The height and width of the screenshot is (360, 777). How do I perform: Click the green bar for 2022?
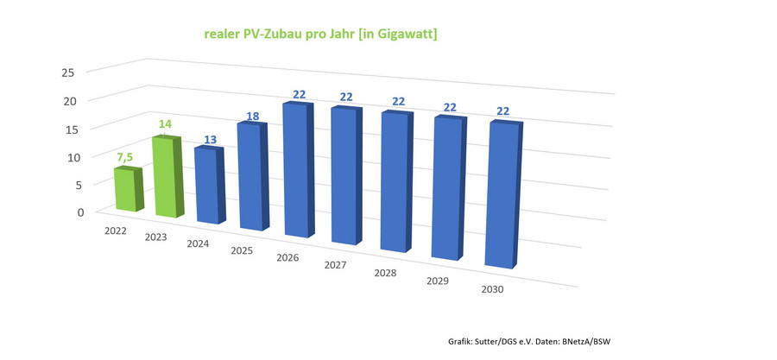tap(126, 190)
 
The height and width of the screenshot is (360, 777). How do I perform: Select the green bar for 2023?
tap(166, 178)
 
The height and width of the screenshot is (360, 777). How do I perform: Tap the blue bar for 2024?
tap(207, 186)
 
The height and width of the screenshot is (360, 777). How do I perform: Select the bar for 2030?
tap(503, 195)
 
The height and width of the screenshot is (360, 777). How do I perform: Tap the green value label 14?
tap(164, 125)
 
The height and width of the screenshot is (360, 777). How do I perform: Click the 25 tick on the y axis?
tap(70, 73)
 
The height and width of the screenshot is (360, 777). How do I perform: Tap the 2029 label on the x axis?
tap(437, 282)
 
